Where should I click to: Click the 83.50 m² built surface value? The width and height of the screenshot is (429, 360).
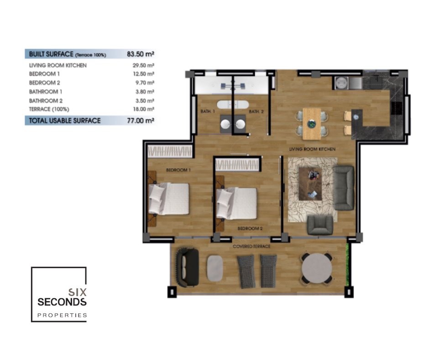[141, 54]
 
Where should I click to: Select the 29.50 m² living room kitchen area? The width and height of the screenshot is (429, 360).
[143, 65]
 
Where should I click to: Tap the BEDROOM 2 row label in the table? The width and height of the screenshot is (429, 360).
[44, 83]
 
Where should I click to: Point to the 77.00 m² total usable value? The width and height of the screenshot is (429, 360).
[141, 121]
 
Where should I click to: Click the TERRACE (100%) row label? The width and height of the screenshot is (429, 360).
[49, 109]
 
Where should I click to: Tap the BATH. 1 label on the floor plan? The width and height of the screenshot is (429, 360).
[208, 111]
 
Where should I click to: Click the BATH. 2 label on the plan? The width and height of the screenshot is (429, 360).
[256, 111]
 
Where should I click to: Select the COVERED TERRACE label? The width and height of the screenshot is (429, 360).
[251, 246]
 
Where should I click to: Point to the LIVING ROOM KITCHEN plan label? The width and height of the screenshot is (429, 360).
[312, 149]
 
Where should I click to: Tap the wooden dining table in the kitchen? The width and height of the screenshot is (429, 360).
[312, 124]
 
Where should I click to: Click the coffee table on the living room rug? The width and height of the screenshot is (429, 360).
[310, 184]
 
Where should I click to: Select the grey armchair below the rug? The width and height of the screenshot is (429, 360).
[320, 225]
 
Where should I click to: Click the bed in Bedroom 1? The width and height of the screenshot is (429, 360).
[168, 199]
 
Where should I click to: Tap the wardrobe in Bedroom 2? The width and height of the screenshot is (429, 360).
[237, 165]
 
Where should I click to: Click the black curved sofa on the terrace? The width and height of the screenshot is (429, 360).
[187, 267]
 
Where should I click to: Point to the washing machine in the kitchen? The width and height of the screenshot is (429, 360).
[341, 83]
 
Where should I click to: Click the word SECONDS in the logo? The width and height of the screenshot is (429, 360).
[62, 302]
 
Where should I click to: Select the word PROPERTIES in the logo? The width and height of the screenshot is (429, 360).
[62, 315]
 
